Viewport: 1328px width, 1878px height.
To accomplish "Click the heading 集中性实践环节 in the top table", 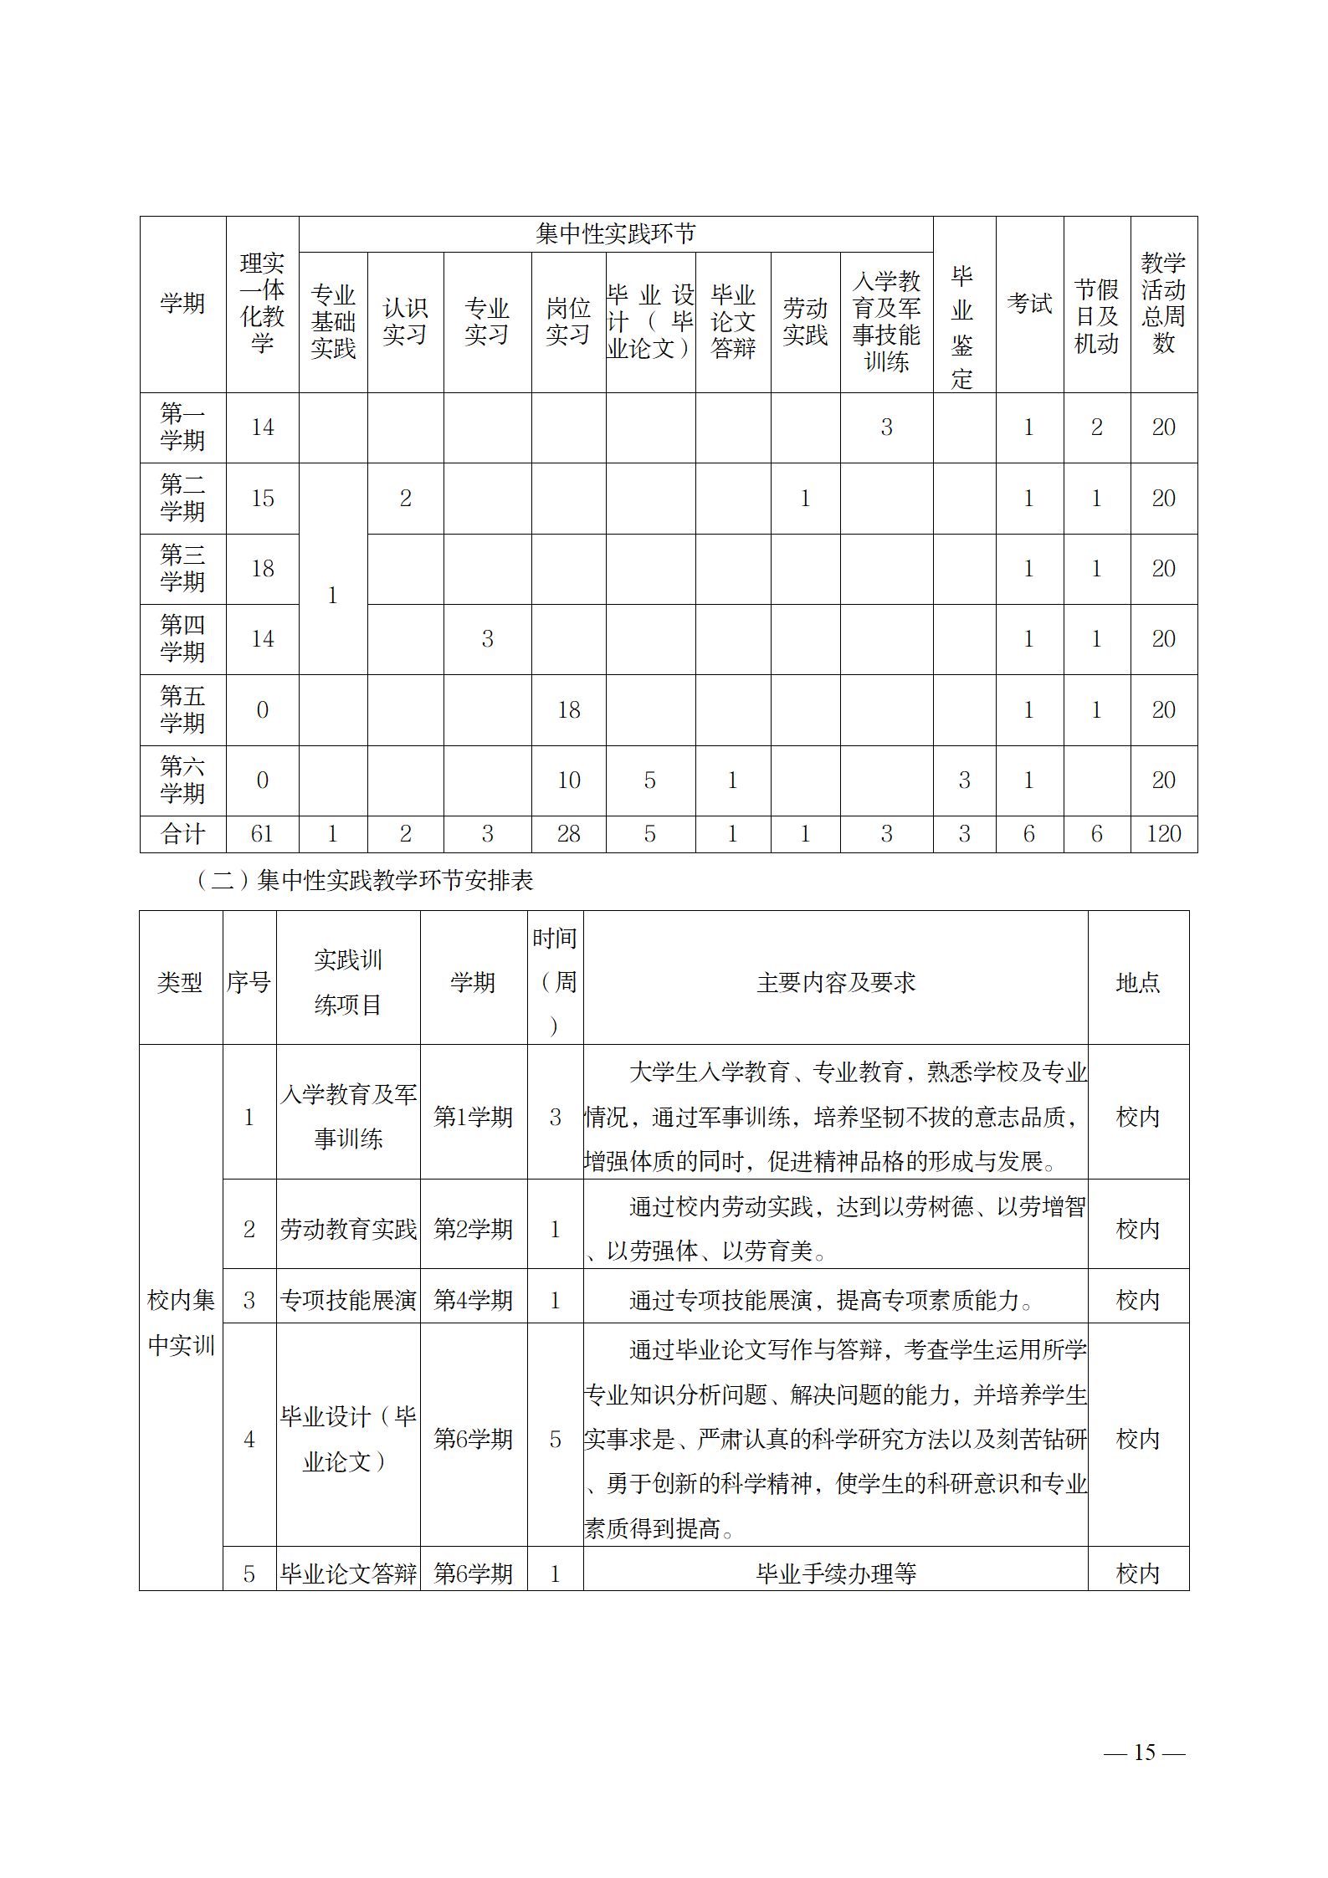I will [615, 233].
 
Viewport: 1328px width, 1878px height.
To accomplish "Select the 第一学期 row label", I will [182, 427].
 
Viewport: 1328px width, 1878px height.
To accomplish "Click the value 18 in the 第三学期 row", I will [262, 569].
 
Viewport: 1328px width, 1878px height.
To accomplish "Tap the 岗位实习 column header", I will [568, 321].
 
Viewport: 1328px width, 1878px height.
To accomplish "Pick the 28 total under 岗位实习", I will [568, 833].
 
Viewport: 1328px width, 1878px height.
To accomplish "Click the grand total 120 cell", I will [1163, 833].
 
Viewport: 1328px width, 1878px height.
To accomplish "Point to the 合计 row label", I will [182, 833].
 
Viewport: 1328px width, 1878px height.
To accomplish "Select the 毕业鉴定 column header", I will [963, 326].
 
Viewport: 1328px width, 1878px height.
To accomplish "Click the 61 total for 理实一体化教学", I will [262, 833].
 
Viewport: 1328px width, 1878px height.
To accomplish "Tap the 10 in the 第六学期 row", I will [568, 780].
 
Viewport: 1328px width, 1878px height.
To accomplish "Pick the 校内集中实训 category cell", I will [181, 1322].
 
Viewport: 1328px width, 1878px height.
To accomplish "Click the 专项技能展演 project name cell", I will [348, 1299].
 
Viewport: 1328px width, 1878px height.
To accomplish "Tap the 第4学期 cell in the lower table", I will [473, 1299].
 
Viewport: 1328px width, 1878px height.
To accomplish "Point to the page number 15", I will [1144, 1752].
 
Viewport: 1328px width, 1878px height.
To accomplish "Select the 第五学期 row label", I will [182, 709].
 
